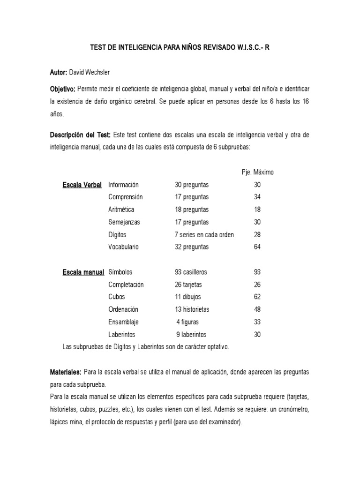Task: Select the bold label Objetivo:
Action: (63, 89)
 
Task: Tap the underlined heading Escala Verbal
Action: (82, 185)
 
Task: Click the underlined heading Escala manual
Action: (83, 272)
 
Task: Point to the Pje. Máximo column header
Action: (255, 172)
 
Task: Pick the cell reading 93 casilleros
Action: (191, 272)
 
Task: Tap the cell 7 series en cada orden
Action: (204, 234)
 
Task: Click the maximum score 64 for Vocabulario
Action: (257, 247)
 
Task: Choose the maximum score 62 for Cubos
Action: (257, 297)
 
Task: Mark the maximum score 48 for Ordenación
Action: (257, 309)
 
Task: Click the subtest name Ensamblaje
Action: (123, 322)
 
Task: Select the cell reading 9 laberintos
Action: (191, 335)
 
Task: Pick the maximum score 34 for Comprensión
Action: (257, 197)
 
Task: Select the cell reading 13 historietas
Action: (192, 309)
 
